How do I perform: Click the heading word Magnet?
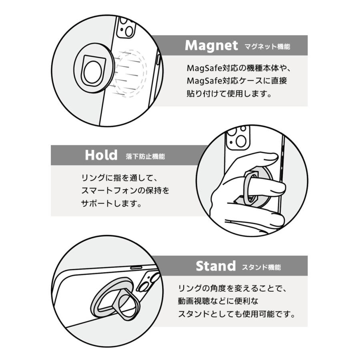211,46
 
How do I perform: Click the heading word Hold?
101,155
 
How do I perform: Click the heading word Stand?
216,266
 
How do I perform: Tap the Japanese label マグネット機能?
267,47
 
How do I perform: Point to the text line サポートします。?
112,203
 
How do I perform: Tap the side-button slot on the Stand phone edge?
136,266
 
